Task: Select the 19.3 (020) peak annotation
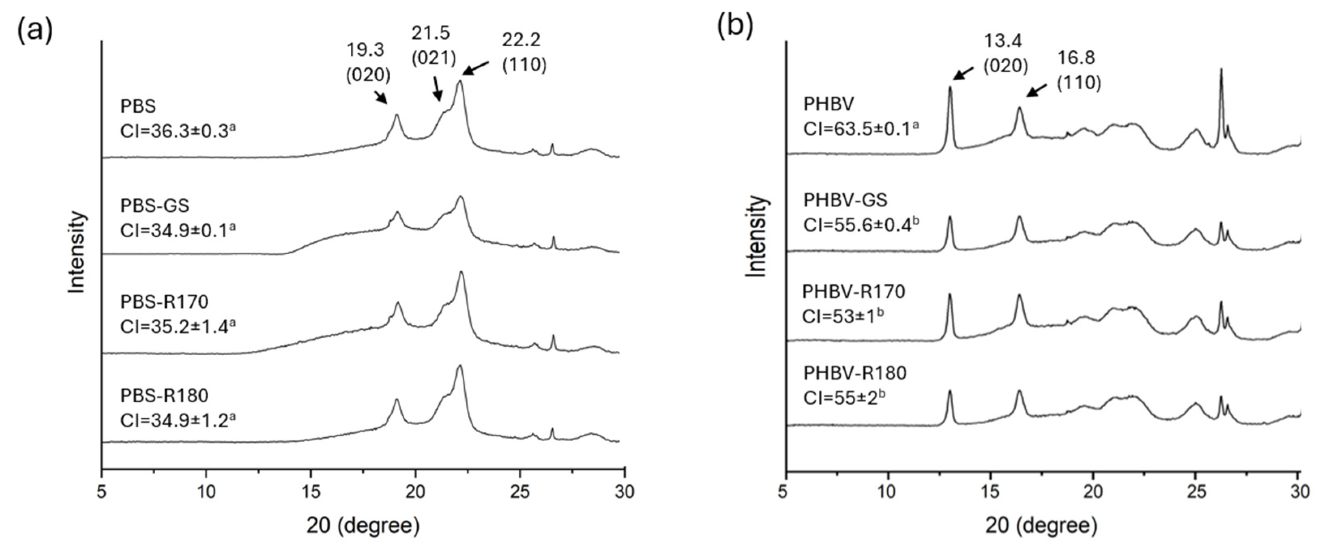(x=368, y=62)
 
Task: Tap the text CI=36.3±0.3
(x=178, y=131)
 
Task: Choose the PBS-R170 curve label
(x=164, y=302)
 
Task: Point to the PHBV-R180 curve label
(x=855, y=373)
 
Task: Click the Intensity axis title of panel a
(x=77, y=253)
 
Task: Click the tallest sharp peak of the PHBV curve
(x=1221, y=85)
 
